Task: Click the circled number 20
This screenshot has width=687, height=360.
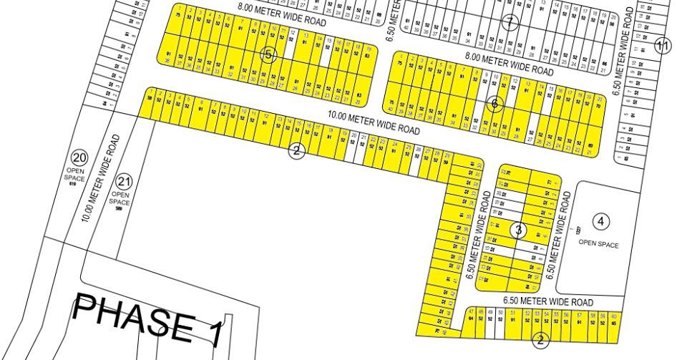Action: click(x=79, y=157)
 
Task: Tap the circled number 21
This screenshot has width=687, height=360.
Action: click(x=125, y=181)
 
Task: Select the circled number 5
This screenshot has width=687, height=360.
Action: click(x=268, y=55)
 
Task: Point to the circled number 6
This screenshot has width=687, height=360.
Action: click(x=494, y=104)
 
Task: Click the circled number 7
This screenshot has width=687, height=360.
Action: click(x=510, y=22)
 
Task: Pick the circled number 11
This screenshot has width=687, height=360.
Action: click(x=663, y=46)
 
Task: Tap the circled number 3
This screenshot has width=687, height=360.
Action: click(x=519, y=230)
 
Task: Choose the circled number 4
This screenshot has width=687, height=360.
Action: click(x=601, y=221)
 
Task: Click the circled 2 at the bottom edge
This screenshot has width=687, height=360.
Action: click(x=541, y=341)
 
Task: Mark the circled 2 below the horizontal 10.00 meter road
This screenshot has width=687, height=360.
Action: click(x=297, y=150)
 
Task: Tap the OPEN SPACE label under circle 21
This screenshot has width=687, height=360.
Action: click(x=120, y=198)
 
